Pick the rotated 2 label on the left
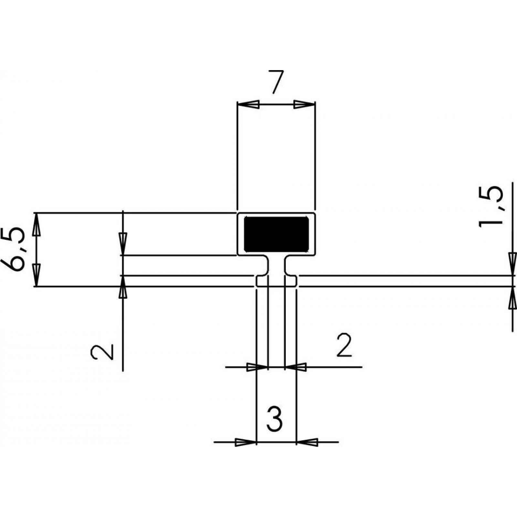[x=102, y=352]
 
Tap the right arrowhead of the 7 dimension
[x=304, y=104]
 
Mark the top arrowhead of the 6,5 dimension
[x=37, y=224]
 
